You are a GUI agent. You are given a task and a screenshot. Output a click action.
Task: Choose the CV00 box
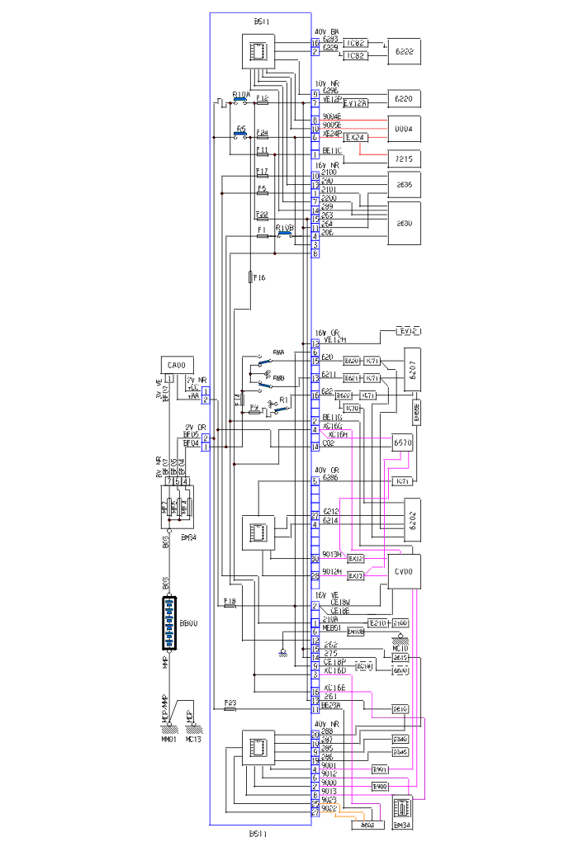404,570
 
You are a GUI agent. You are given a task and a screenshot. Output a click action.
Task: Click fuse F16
250,277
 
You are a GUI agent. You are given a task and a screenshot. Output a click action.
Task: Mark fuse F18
230,605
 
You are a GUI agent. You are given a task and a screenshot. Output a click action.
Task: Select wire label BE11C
333,151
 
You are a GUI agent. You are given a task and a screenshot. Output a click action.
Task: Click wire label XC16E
335,687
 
